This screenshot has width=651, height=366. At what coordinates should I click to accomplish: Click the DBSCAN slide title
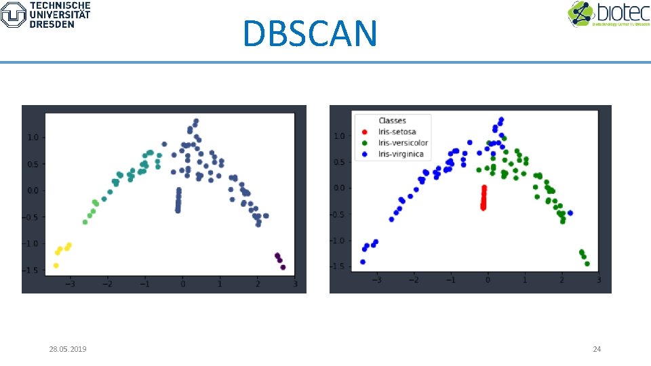coord(309,33)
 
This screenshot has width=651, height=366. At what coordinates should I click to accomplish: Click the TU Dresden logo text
coord(60,14)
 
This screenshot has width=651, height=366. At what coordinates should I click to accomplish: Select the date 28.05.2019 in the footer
coord(72,349)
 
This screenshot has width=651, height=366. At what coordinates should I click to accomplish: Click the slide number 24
coord(597,349)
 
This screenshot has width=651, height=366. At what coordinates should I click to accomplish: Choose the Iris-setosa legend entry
coord(397,132)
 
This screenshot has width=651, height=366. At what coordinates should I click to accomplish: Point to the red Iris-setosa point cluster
coord(484,198)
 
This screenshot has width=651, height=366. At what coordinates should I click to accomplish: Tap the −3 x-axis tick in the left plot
coord(70,283)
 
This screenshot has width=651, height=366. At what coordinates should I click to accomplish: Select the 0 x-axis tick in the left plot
coord(182,283)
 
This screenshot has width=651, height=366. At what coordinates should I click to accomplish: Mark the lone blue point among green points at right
coord(570,213)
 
